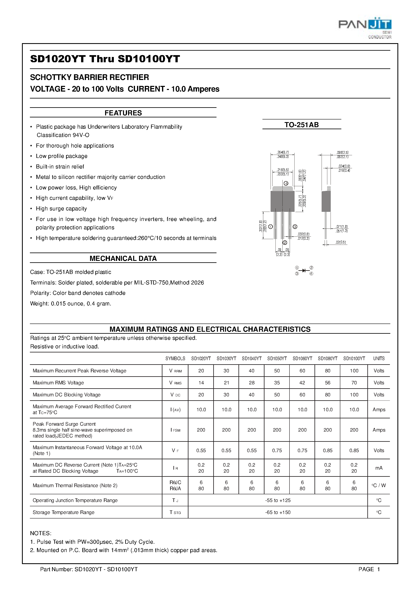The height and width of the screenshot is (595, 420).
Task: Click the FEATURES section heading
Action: pos(123,113)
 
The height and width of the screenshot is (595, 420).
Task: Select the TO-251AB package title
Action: pos(301,125)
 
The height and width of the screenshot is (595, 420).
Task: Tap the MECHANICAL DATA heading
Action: pos(123,258)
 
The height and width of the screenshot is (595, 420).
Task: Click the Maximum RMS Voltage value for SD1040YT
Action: pos(251,383)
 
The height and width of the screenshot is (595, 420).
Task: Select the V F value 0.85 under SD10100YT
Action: pos(354,450)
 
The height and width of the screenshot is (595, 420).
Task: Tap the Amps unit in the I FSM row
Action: pos(379,430)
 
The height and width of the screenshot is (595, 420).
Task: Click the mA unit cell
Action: pos(379,468)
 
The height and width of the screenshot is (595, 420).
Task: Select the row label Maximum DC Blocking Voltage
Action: pos(66,395)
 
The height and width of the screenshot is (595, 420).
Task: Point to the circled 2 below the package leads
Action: pos(285,243)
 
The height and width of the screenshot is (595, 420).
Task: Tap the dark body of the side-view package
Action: pos(326,201)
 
